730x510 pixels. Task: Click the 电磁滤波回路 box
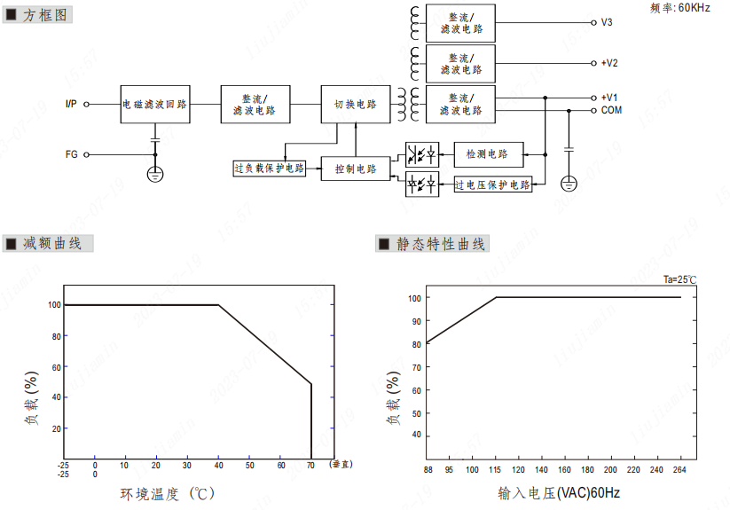point(154,104)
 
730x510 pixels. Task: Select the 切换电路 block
point(355,104)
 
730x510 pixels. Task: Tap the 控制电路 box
point(355,169)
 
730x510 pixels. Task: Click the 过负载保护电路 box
point(270,168)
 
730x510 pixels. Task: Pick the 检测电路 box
point(487,154)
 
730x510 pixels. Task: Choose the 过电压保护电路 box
point(493,184)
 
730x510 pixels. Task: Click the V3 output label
point(607,22)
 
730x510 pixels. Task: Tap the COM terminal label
point(611,110)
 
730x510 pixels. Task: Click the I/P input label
point(71,104)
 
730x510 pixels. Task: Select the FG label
point(72,154)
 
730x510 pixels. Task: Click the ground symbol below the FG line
point(155,174)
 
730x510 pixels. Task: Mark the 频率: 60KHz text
point(680,8)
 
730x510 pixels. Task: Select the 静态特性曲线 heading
point(440,243)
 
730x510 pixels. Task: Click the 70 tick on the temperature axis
point(310,465)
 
